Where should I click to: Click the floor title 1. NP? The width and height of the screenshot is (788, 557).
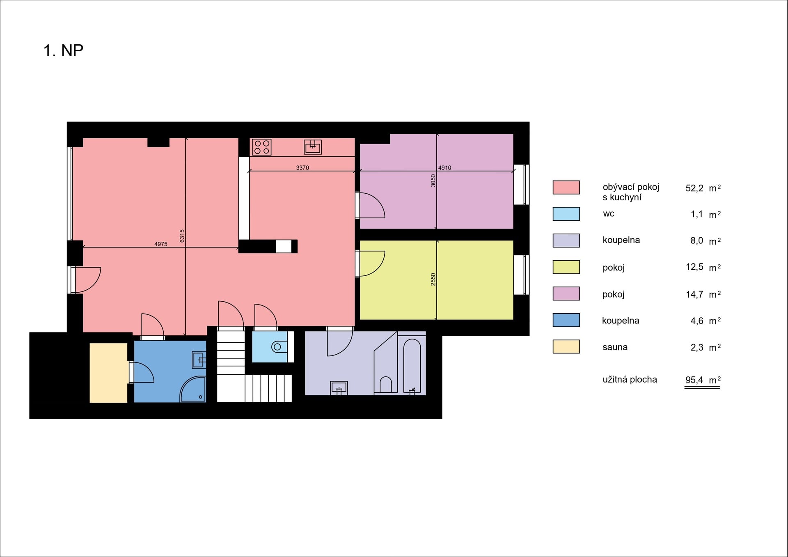click(x=63, y=50)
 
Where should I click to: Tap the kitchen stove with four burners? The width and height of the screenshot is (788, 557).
click(x=261, y=147)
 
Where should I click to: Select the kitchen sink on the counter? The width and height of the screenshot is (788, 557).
click(x=313, y=147)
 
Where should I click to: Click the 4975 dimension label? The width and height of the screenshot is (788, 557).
click(x=161, y=244)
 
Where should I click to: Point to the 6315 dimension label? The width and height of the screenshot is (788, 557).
click(x=182, y=236)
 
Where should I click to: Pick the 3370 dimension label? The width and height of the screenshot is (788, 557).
click(x=302, y=167)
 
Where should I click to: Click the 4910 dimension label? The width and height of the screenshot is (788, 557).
click(x=444, y=167)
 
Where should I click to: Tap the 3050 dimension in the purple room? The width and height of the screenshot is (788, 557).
click(x=433, y=181)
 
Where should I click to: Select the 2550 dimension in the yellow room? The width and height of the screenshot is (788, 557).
click(x=433, y=280)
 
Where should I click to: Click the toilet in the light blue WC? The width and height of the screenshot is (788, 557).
click(x=279, y=347)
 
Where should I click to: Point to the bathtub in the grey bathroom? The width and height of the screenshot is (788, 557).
click(x=412, y=366)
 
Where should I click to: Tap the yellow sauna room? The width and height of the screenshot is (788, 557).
click(x=109, y=373)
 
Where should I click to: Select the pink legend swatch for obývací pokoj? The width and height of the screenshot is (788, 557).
click(x=566, y=187)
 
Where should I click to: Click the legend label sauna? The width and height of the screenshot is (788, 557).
click(x=615, y=347)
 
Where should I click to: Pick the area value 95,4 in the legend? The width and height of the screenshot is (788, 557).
click(x=694, y=380)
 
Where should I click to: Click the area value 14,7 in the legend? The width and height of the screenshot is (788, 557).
click(x=694, y=294)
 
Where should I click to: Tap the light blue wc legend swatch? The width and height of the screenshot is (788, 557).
click(x=566, y=214)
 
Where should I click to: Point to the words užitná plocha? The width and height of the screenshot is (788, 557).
click(x=630, y=380)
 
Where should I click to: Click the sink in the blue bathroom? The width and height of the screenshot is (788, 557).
click(x=199, y=360)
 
